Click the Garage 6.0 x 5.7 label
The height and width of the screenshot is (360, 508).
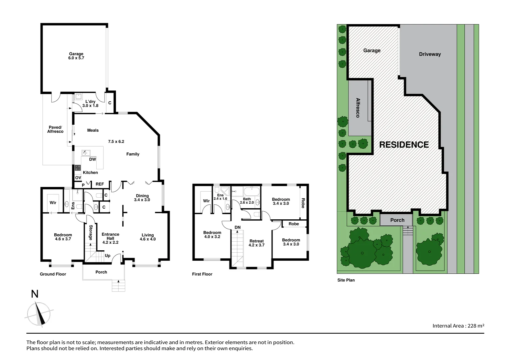point(76,56)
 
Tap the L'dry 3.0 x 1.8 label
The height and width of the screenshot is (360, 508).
point(90,104)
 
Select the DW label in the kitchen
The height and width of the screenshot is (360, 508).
point(92,159)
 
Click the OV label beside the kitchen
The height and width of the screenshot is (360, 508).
point(78,178)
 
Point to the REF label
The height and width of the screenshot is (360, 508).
point(100,184)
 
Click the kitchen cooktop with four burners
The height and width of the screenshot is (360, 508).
point(78,168)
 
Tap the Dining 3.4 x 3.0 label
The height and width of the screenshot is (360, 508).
point(142,198)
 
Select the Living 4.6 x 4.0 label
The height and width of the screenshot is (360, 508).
point(148,237)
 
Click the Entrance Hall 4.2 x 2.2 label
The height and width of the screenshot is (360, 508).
point(110,238)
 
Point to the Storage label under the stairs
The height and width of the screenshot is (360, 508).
point(91,233)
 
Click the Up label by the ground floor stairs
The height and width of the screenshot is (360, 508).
point(108,256)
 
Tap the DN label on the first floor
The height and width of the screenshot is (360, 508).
point(238,227)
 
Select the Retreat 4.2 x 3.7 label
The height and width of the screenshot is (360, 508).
point(256,243)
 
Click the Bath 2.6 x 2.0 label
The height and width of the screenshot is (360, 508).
point(247,201)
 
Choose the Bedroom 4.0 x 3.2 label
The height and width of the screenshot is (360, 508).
point(212,235)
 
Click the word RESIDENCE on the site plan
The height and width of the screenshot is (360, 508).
point(404,145)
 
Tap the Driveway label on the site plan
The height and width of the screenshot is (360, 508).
point(430,54)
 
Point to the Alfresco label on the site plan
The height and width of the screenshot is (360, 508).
point(358,108)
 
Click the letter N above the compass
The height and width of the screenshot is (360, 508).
point(35,294)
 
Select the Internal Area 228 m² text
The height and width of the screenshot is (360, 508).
point(458,326)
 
